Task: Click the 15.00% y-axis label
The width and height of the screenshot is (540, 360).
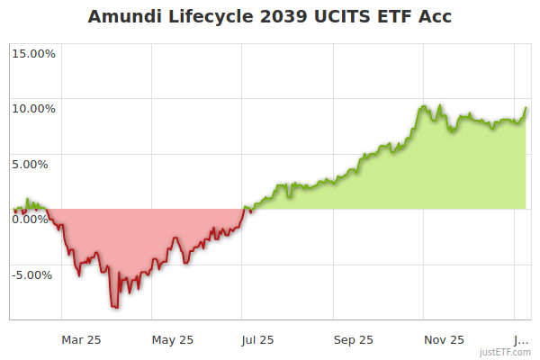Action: coord(33,53)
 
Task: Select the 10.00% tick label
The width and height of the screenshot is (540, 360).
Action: coord(33,109)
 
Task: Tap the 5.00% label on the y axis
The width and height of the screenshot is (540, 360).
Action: coord(36,164)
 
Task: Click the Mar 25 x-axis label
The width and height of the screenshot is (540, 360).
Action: coord(81,340)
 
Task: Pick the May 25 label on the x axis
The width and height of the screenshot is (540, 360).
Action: coord(172,340)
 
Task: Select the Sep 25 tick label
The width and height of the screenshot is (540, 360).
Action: coord(354,340)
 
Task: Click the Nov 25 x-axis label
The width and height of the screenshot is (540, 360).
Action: coord(445,340)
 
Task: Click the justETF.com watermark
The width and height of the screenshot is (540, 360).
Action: coord(506,353)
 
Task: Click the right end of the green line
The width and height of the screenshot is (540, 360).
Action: coord(526,108)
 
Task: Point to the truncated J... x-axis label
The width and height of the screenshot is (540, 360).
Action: coord(521,340)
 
